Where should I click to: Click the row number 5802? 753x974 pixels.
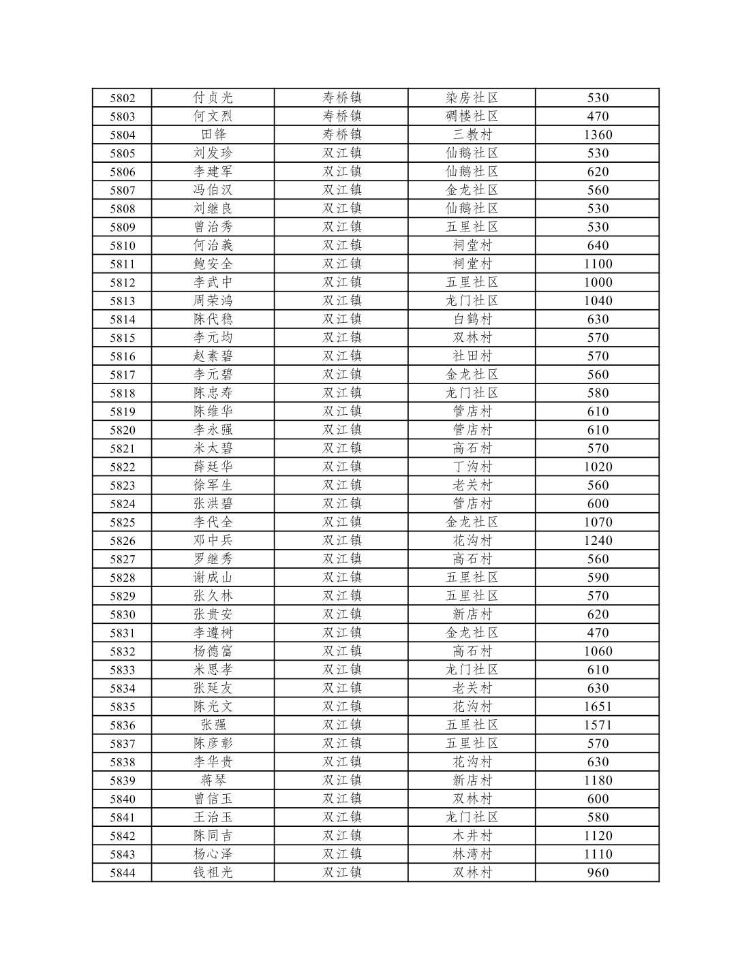click(x=123, y=98)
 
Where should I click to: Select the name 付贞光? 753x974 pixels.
click(x=213, y=98)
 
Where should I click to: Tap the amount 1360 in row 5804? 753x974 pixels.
click(x=598, y=135)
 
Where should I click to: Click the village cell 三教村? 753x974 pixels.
click(x=472, y=135)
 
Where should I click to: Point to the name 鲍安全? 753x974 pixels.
click(x=213, y=264)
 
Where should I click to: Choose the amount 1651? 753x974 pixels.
click(x=598, y=706)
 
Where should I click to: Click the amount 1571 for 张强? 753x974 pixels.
click(x=598, y=725)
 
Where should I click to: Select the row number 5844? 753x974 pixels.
click(x=123, y=873)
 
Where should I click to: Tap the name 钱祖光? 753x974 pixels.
click(x=213, y=873)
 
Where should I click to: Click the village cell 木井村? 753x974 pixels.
click(x=472, y=836)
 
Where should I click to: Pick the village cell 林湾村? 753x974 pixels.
click(x=472, y=854)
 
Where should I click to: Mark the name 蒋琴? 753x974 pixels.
click(x=213, y=780)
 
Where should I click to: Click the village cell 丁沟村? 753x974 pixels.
click(x=472, y=467)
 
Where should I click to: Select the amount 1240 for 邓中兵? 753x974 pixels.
click(x=598, y=540)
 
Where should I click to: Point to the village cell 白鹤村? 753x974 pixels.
click(x=472, y=319)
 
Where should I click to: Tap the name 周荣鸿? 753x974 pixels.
click(x=213, y=300)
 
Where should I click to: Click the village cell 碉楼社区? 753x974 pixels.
click(x=472, y=116)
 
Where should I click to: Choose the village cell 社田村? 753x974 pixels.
click(x=472, y=356)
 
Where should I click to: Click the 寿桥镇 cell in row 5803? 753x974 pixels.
click(x=341, y=116)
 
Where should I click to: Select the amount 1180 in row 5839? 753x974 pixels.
click(x=598, y=780)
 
